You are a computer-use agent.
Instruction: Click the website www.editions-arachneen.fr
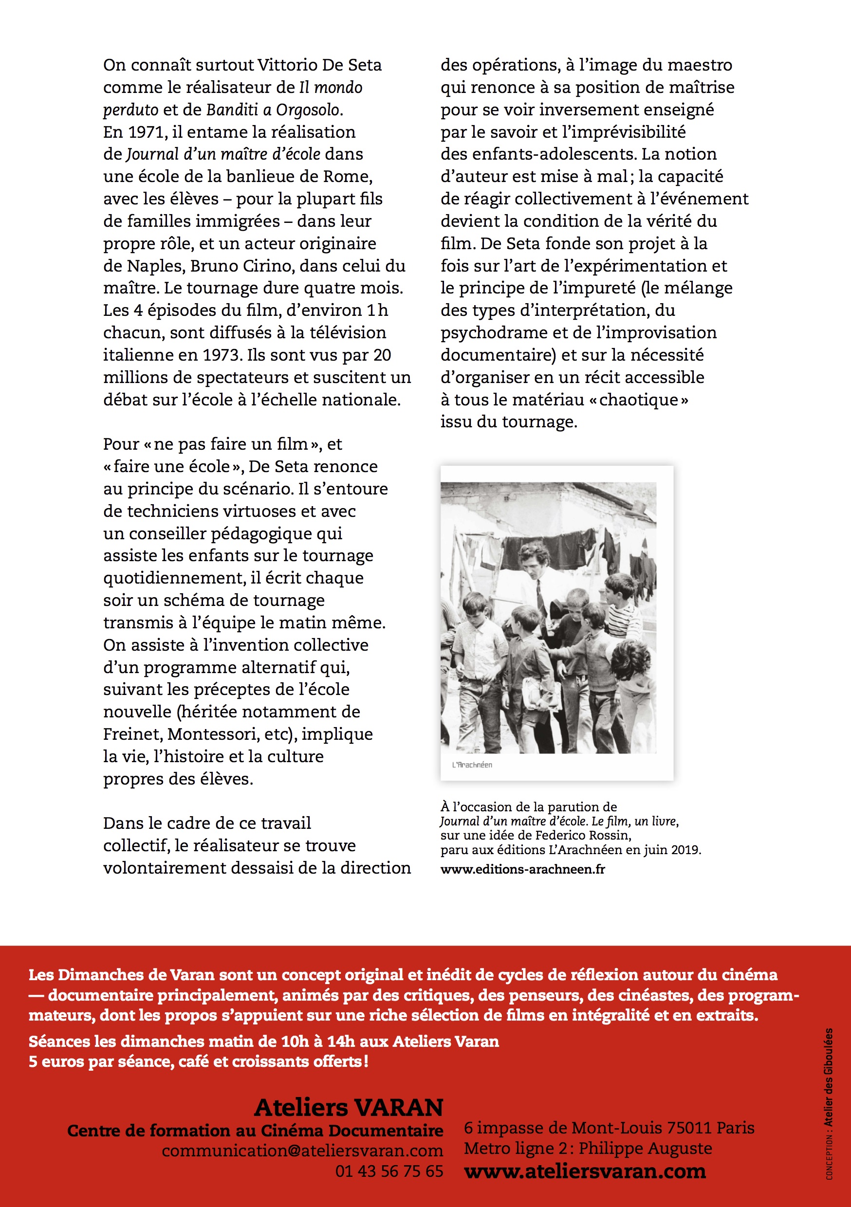tap(522, 869)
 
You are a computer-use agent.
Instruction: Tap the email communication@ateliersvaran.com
tap(302, 1151)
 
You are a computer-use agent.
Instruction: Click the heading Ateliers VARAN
tap(349, 1107)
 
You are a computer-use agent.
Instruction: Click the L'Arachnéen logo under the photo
tap(472, 765)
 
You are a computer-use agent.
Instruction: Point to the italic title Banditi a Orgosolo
tap(274, 110)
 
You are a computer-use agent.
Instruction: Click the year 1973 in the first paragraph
tap(222, 355)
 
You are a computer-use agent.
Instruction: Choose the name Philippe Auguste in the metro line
tap(646, 1149)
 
